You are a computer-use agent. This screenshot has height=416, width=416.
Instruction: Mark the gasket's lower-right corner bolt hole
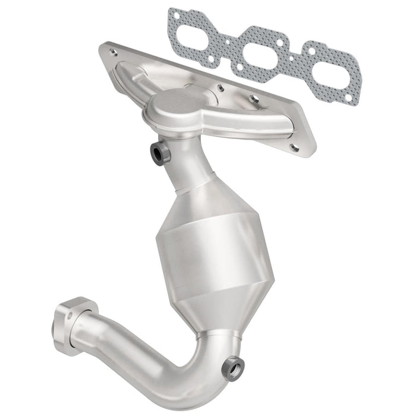354,99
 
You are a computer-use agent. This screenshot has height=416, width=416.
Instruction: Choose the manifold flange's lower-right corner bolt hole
294,147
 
